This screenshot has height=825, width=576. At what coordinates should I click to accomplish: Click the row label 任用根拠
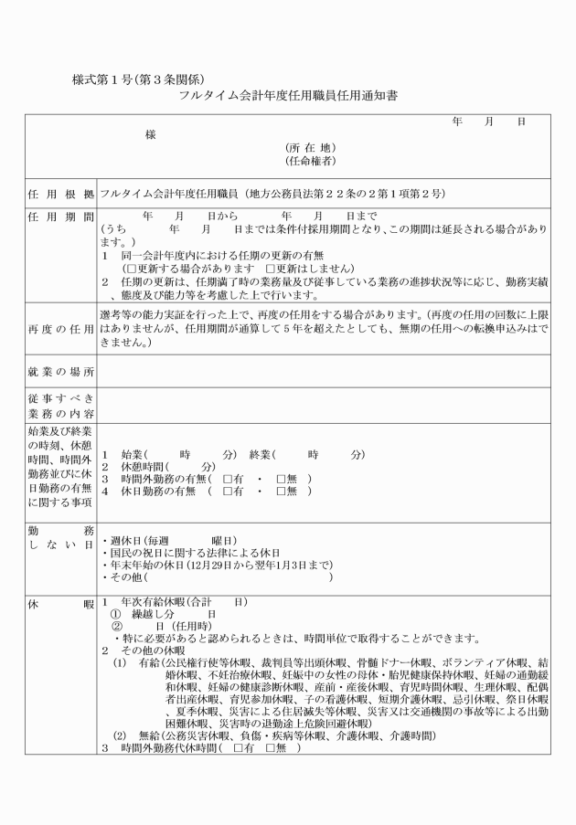coord(60,195)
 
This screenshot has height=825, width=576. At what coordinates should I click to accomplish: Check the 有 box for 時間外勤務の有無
coord(229,478)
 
